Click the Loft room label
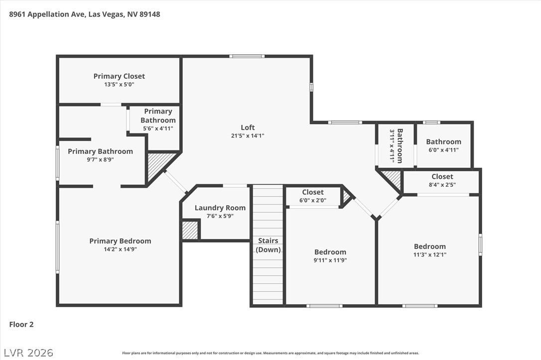tap(248, 127)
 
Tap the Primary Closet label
tap(119, 76)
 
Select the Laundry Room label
tap(220, 208)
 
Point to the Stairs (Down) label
tap(268, 245)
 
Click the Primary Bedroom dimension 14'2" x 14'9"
tap(120, 249)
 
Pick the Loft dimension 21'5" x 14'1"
tap(248, 136)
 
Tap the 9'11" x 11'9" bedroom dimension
tap(330, 260)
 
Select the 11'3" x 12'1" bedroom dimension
tap(430, 255)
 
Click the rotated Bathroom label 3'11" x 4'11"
tap(396, 145)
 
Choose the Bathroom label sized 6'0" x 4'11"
tap(444, 145)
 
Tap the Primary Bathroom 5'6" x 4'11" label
tap(158, 120)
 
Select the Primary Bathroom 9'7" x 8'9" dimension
tap(101, 160)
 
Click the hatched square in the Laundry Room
tap(190, 230)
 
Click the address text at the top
tap(85, 14)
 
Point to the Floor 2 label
tap(21, 325)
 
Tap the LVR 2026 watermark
tap(28, 353)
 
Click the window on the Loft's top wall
tap(247, 56)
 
